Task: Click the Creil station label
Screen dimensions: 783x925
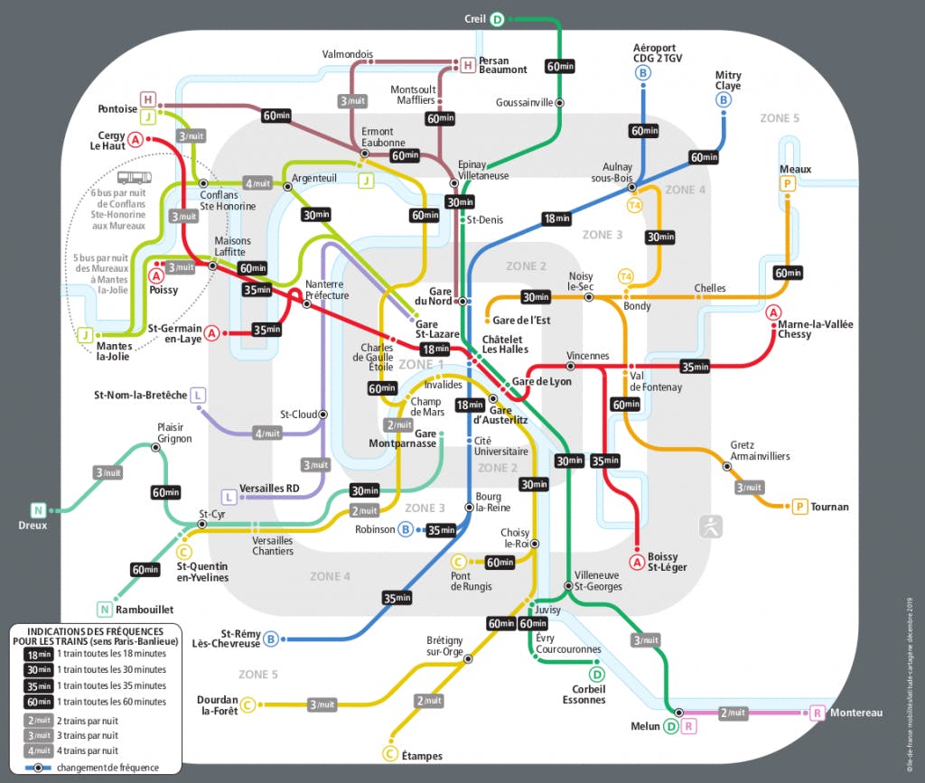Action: point(475,18)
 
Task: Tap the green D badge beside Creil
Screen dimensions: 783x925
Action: point(499,18)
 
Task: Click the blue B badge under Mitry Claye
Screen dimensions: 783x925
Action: point(724,100)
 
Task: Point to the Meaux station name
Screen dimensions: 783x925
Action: point(795,169)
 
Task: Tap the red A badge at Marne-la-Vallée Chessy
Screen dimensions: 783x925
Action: point(773,312)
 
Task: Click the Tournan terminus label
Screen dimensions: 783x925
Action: point(829,507)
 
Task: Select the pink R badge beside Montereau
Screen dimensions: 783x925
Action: point(818,713)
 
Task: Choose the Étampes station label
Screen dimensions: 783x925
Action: point(420,754)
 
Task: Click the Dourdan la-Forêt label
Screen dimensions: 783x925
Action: point(217,704)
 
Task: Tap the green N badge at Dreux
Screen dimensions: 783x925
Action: point(38,509)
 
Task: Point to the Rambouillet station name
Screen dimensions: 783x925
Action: point(144,610)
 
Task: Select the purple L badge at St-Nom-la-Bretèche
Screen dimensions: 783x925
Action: point(198,395)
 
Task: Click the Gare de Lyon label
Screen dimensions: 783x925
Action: point(541,381)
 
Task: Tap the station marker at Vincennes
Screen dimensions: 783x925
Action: point(571,367)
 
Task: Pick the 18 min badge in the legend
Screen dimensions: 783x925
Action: point(37,653)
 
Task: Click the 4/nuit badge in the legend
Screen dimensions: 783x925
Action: point(37,750)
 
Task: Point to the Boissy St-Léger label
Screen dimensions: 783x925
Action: point(667,562)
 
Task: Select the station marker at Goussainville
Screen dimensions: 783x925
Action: point(560,103)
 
